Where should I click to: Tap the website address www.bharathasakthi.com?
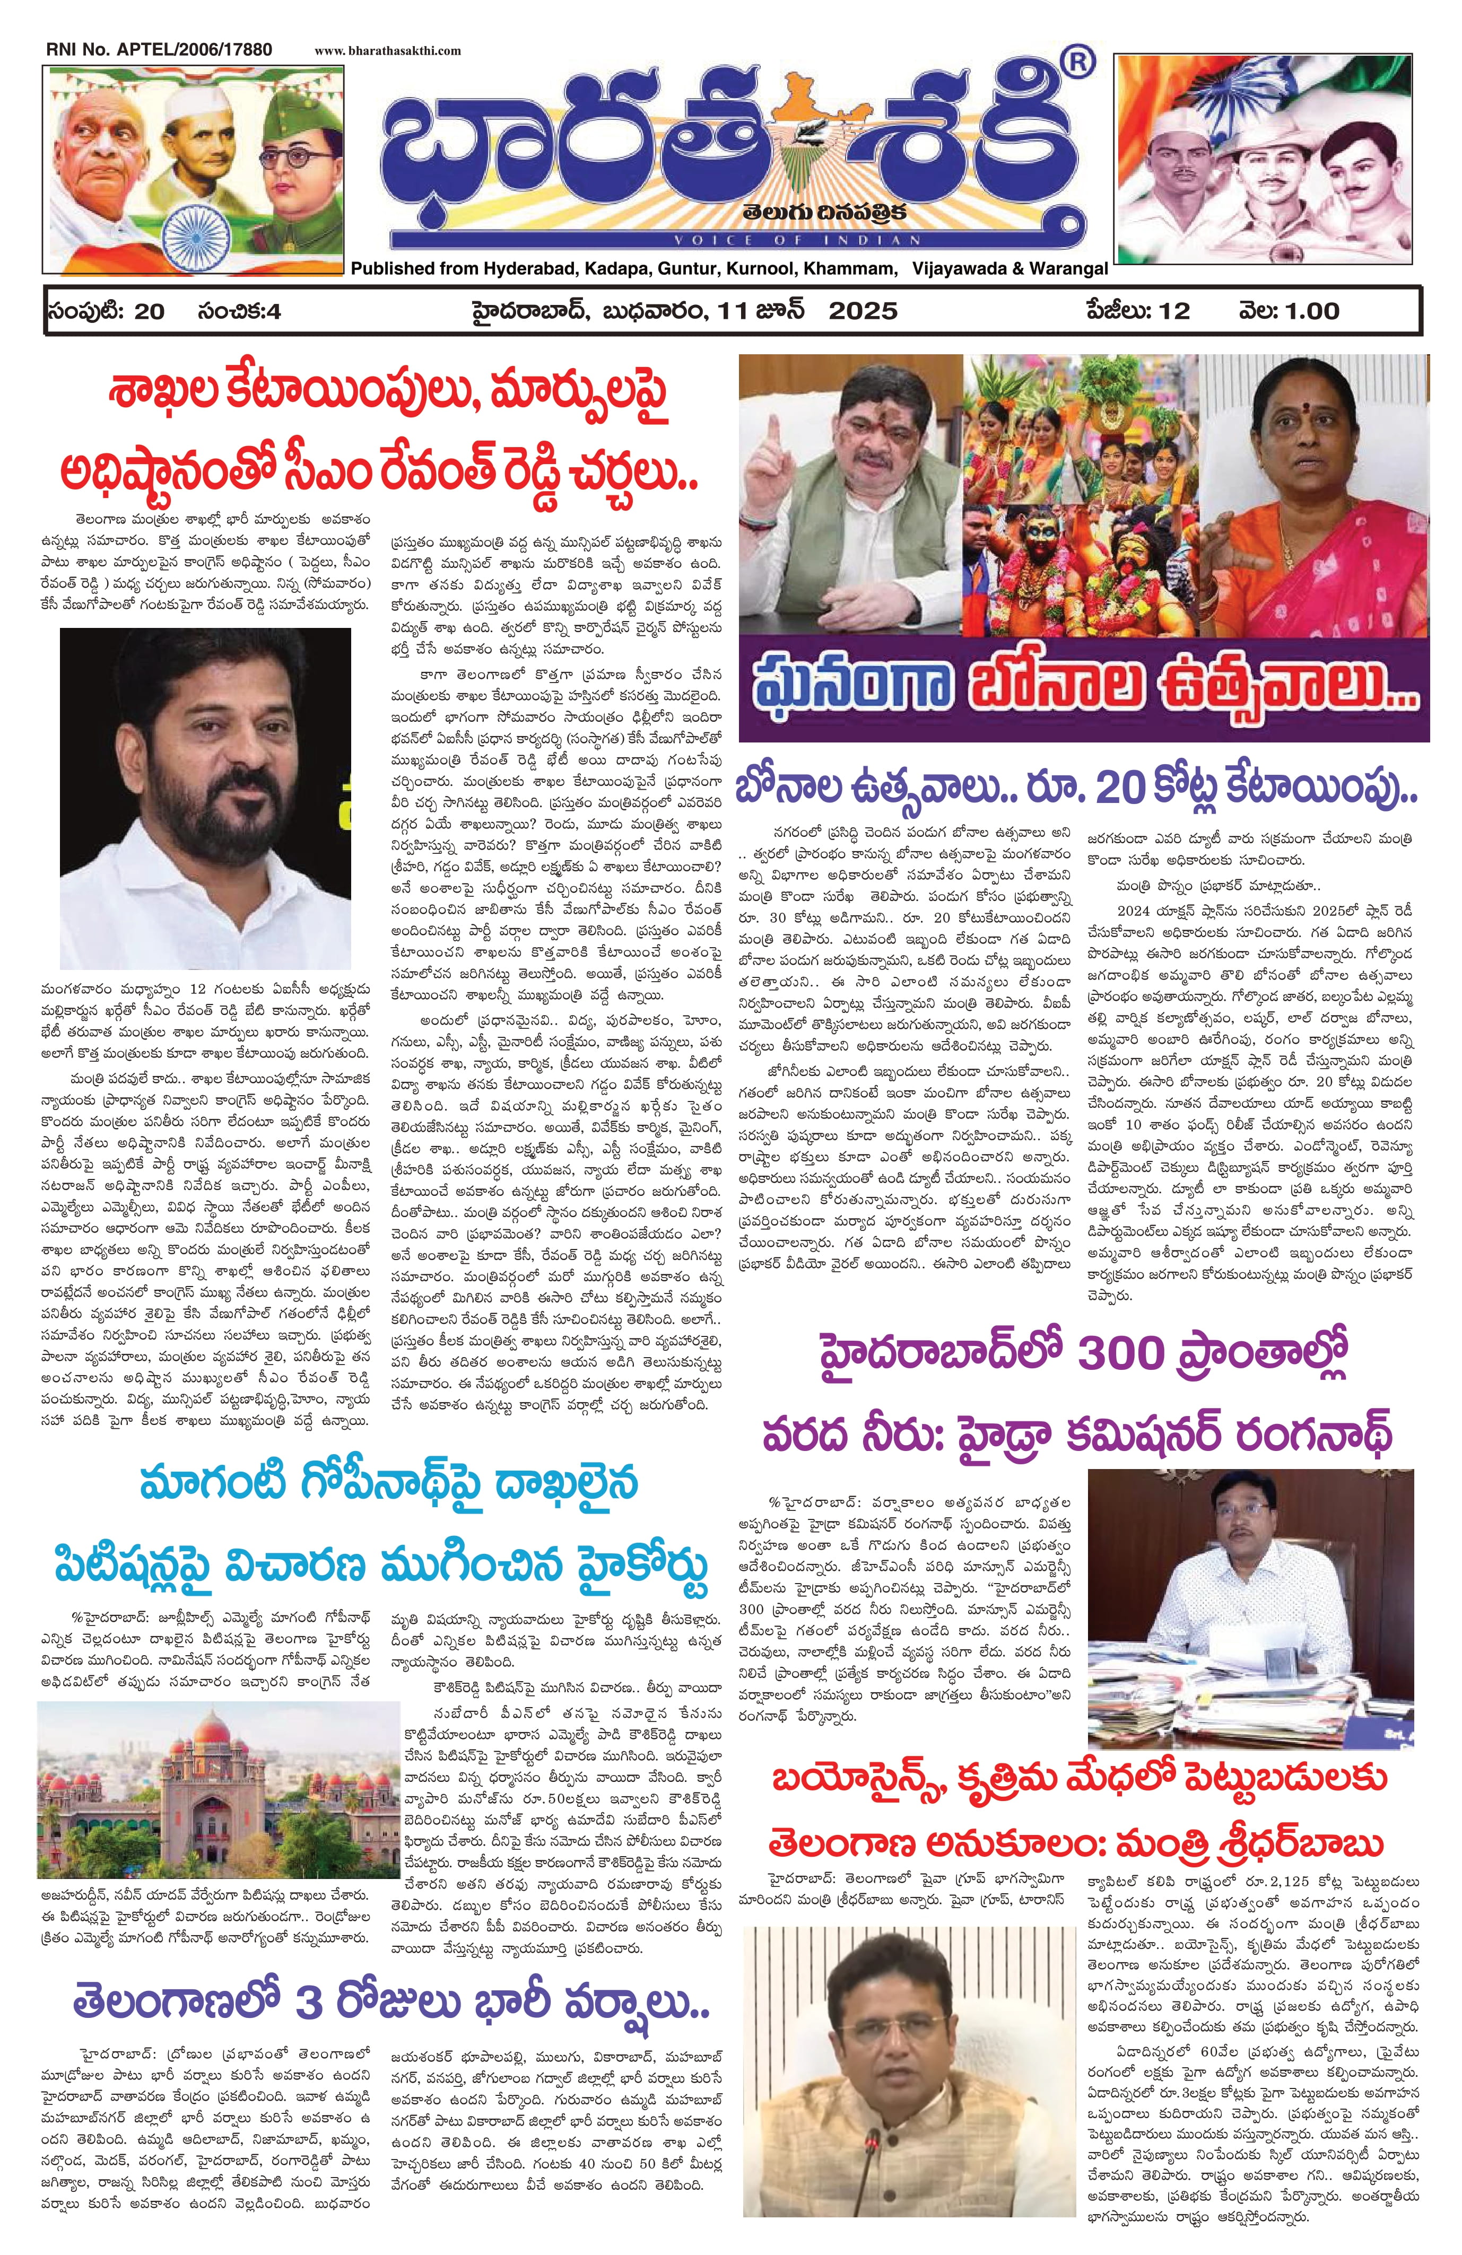pyautogui.click(x=388, y=50)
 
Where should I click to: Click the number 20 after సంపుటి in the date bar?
pyautogui.click(x=150, y=311)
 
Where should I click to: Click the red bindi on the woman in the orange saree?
pyautogui.click(x=1308, y=415)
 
